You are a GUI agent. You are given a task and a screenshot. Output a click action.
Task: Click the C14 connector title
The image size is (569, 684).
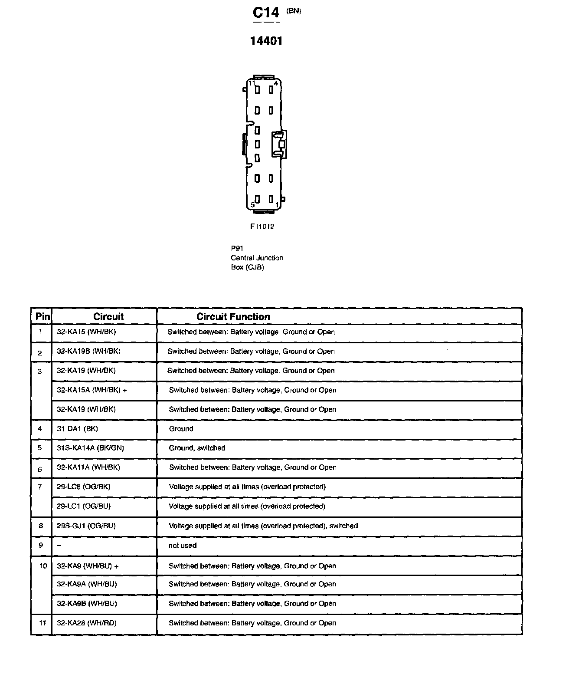tap(266, 13)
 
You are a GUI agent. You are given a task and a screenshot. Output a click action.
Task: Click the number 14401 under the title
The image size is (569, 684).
tap(266, 41)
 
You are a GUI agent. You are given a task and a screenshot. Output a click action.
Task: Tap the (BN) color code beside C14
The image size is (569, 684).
tap(294, 11)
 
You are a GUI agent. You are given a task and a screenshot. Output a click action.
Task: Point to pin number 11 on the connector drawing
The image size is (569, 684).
tap(252, 83)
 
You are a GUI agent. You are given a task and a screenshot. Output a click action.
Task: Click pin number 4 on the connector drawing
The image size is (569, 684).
tap(276, 83)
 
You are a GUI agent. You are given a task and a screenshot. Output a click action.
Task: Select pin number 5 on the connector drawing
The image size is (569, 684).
tap(253, 205)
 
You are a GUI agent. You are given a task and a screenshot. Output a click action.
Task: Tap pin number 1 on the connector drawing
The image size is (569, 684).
tap(277, 205)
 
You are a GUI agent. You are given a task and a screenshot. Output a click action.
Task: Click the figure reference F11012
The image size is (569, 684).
tap(262, 227)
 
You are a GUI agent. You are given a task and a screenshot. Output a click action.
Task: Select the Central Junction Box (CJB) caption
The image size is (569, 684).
tap(257, 258)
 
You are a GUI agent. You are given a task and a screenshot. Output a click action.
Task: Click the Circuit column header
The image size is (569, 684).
tap(108, 317)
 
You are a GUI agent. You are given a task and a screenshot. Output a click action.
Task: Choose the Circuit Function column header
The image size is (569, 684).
tap(233, 317)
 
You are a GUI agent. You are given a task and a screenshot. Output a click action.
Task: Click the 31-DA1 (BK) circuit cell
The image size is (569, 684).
tap(77, 429)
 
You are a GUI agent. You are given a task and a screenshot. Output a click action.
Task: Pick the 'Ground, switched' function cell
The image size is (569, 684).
tap(197, 448)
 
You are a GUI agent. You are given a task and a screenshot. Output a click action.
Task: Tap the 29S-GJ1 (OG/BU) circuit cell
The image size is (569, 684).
tap(86, 526)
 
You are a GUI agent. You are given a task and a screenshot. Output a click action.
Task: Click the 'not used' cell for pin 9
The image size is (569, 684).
tap(182, 546)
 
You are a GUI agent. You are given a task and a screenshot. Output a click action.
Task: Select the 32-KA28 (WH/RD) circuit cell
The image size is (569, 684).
tap(86, 623)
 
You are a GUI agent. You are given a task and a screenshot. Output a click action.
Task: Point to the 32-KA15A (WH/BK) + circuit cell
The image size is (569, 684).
tap(92, 390)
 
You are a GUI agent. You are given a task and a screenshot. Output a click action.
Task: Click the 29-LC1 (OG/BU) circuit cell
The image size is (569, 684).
tap(83, 506)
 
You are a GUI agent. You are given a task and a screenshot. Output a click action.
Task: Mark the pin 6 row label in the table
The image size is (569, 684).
tap(40, 469)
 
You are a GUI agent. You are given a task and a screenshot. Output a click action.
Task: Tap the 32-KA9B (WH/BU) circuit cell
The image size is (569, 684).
tap(87, 604)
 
